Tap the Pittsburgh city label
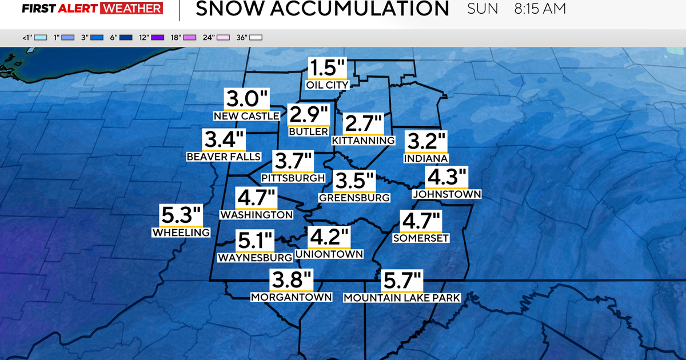pyautogui.click(x=293, y=178)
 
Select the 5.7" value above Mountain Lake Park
pyautogui.click(x=402, y=282)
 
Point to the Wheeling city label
pyautogui.click(x=181, y=233)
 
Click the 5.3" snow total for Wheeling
pyautogui.click(x=181, y=216)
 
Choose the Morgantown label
pyautogui.click(x=292, y=297)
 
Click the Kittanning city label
pyautogui.click(x=364, y=141)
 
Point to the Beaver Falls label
pyautogui.click(x=224, y=157)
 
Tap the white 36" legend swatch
pyautogui.click(x=256, y=38)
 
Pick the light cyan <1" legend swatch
pyautogui.click(x=40, y=38)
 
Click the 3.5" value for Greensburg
pyautogui.click(x=354, y=181)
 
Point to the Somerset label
pyautogui.click(x=421, y=238)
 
